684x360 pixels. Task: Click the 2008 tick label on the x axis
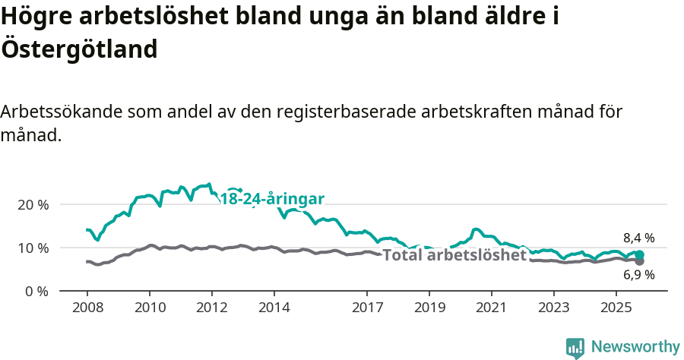(x=87, y=308)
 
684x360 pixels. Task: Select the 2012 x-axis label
(x=211, y=308)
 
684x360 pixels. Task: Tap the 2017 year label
(x=367, y=308)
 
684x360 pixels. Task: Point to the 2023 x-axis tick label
(x=553, y=308)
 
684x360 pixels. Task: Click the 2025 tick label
(x=616, y=308)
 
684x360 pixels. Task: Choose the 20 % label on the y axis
(x=33, y=205)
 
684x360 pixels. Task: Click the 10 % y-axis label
(x=33, y=248)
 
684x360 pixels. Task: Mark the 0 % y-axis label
(x=36, y=291)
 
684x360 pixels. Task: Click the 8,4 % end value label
(x=638, y=238)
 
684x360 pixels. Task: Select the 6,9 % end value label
(x=638, y=275)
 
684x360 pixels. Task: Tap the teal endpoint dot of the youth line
(x=640, y=255)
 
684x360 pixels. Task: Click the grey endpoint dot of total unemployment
(x=640, y=261)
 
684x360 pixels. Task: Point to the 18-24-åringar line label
(x=272, y=199)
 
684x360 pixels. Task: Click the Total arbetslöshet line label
(x=454, y=255)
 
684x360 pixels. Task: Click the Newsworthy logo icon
(x=575, y=347)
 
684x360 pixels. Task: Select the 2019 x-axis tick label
(x=429, y=308)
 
